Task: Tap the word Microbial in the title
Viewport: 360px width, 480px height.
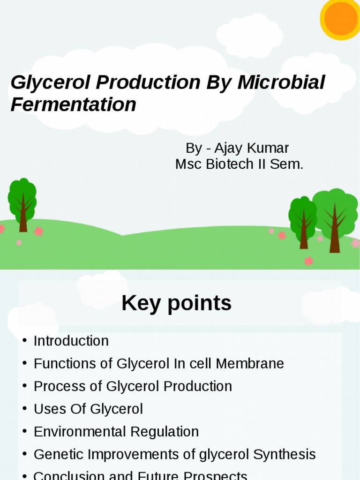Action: click(x=281, y=82)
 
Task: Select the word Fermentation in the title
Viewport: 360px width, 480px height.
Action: click(x=73, y=105)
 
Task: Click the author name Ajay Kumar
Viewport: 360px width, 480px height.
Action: click(x=251, y=148)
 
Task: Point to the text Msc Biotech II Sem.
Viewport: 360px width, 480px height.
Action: click(x=239, y=165)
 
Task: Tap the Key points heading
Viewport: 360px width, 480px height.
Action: click(x=176, y=303)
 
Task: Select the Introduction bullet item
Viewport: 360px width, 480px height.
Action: click(x=71, y=341)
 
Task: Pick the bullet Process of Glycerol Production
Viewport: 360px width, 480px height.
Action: click(x=133, y=386)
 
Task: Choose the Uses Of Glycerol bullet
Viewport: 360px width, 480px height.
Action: click(x=88, y=409)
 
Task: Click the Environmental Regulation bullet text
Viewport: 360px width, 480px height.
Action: click(x=116, y=432)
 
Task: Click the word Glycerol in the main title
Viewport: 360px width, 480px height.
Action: click(x=51, y=82)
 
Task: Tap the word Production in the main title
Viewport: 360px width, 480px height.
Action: click(x=148, y=82)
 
